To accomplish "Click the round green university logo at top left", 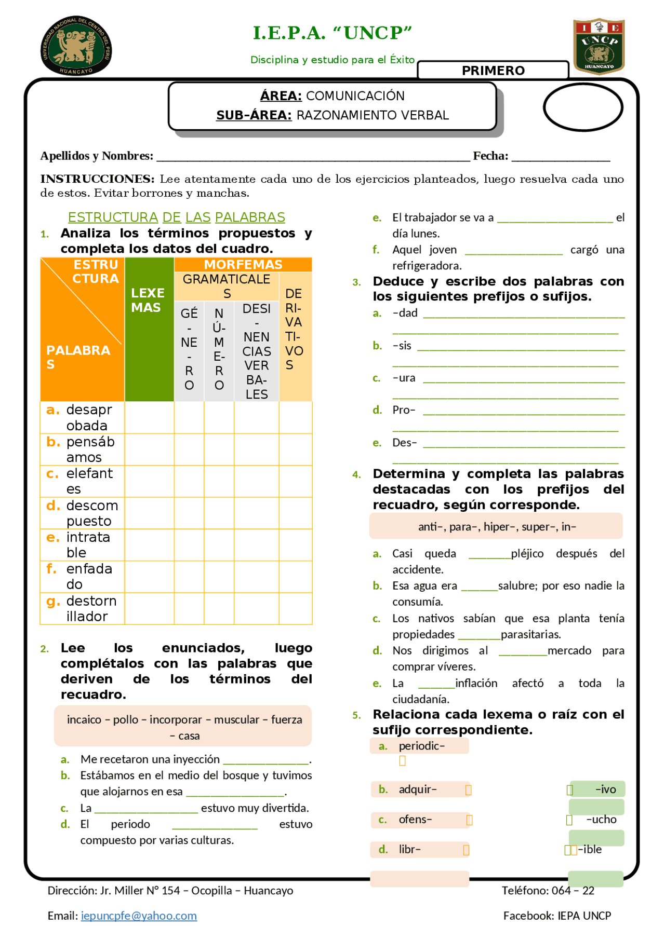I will pos(76,46).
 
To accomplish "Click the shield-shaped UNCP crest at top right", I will pos(598,46).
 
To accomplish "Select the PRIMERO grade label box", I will pos(493,71).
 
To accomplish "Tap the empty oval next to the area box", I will pos(583,107).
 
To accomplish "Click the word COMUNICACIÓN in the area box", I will pos(355,96).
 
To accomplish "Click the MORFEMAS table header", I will pos(243,265).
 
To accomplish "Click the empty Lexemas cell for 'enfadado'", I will pos(149,577).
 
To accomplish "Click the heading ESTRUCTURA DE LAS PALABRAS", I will pos(177,217).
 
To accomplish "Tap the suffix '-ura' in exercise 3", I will pos(404,378).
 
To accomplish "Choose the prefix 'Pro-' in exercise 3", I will pos(404,410).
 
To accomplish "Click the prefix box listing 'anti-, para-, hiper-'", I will pos(496,526).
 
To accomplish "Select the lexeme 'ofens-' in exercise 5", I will pos(415,820).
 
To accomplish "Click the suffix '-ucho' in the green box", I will pos(601,820).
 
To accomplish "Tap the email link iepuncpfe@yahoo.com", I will pos(139,916).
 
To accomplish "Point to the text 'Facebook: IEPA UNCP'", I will pos(557,916).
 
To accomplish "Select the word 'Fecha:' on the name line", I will pos(490,156).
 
